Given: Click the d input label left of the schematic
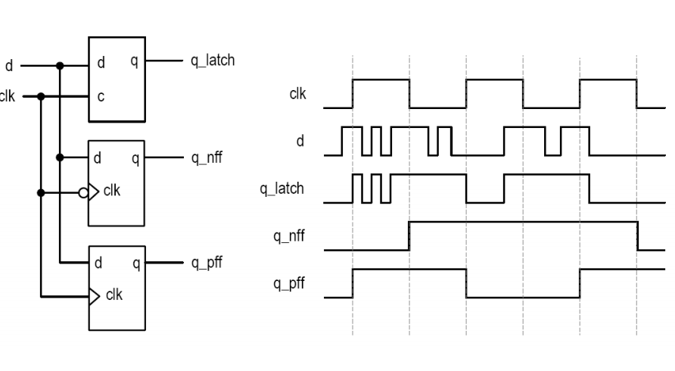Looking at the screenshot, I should (9, 67).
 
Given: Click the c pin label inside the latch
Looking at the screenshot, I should (101, 97).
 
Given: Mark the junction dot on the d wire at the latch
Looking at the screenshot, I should (60, 66).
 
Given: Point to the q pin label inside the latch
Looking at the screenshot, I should (134, 61).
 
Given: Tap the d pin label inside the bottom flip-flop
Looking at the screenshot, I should (98, 263).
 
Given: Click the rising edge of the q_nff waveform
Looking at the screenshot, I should (409, 235).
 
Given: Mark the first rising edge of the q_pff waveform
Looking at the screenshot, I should (353, 283).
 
